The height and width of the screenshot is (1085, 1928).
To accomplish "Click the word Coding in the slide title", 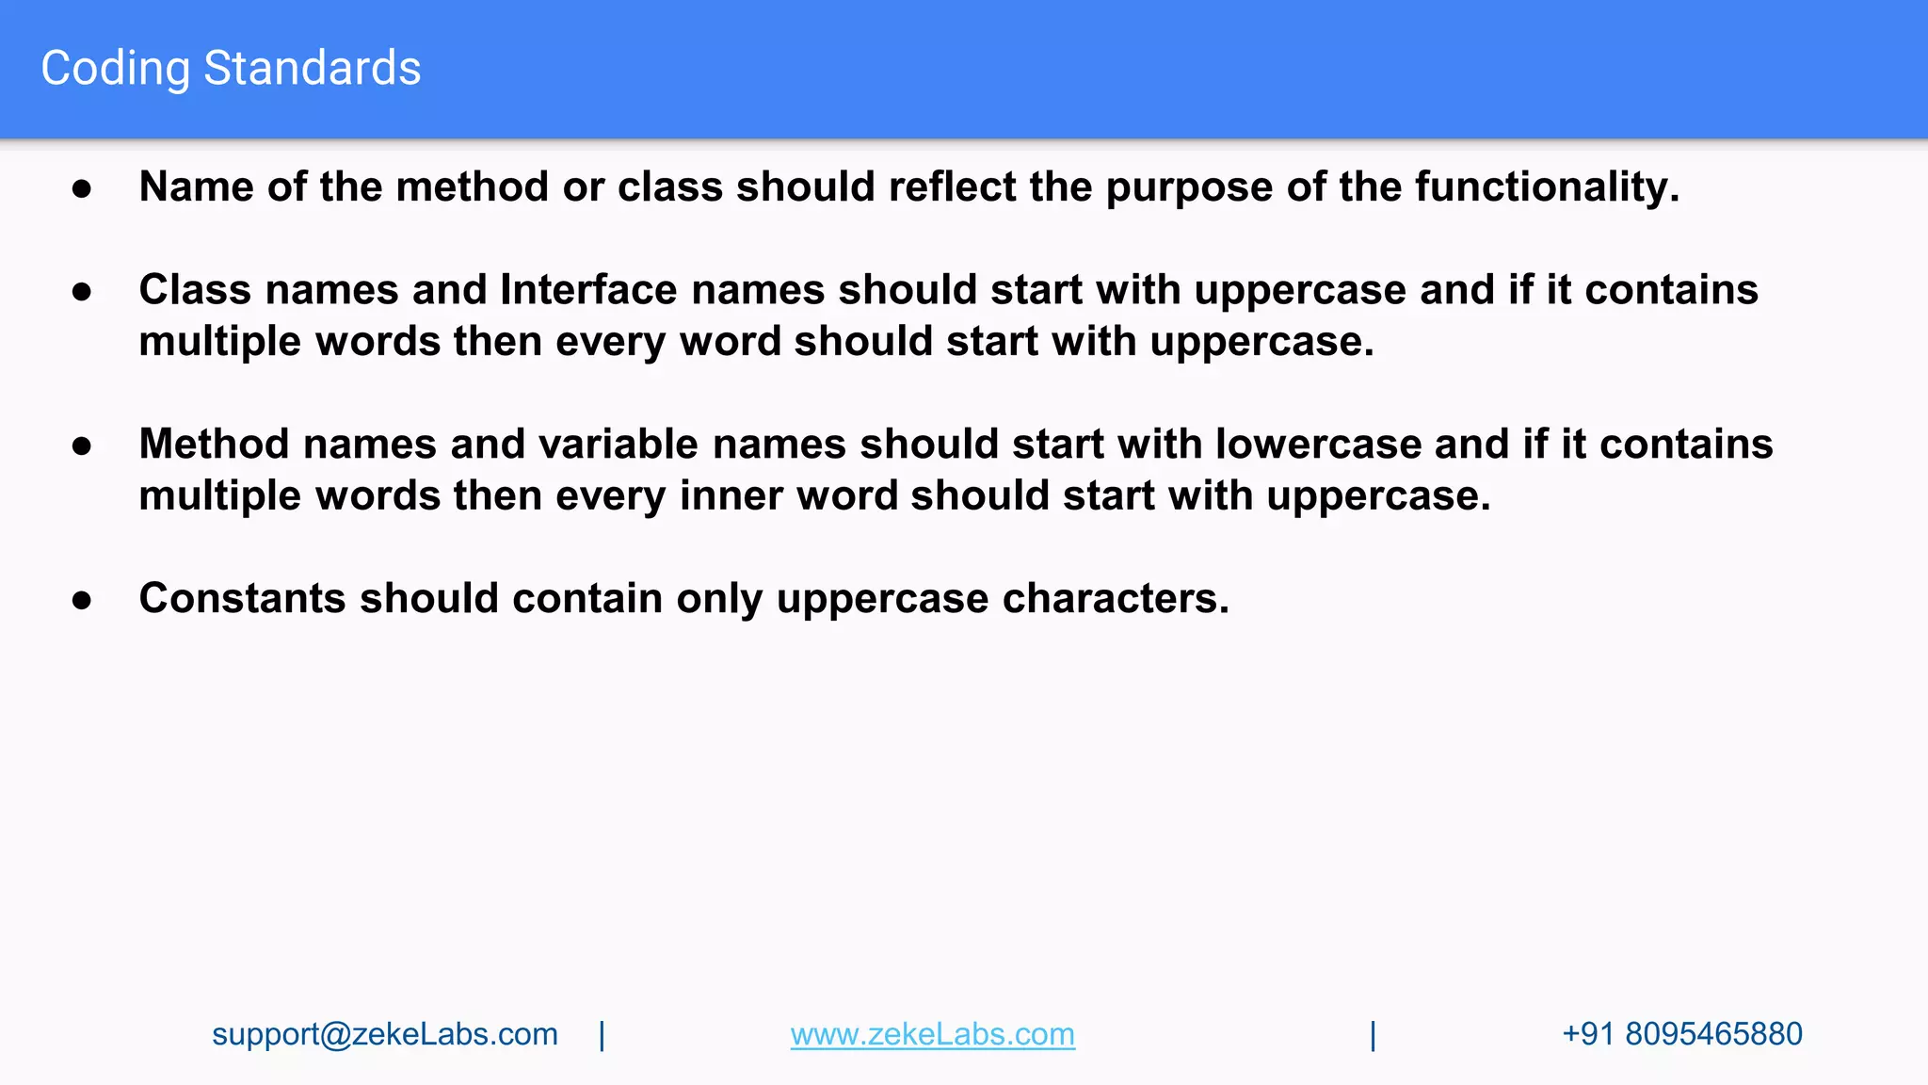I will point(115,69).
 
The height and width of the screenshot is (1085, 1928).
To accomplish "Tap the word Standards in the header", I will point(312,69).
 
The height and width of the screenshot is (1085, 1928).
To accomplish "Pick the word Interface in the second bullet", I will point(588,289).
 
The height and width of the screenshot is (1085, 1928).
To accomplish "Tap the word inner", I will point(731,495).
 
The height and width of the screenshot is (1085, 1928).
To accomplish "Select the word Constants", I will point(242,598).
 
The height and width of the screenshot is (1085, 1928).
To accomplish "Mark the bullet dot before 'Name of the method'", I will point(82,188).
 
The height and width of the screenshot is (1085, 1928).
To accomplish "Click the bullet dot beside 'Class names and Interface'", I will point(82,291).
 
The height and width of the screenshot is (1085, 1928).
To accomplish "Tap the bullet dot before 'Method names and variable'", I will point(82,445).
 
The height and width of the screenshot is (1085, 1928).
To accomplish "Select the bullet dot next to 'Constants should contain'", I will point(82,600).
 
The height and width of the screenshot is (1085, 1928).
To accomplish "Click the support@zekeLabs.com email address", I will point(384,1034).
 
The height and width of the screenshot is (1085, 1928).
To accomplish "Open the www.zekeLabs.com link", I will point(932,1034).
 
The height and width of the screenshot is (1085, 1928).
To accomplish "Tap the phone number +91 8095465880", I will point(1681,1034).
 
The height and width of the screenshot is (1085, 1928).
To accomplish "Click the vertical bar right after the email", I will point(602,1035).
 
